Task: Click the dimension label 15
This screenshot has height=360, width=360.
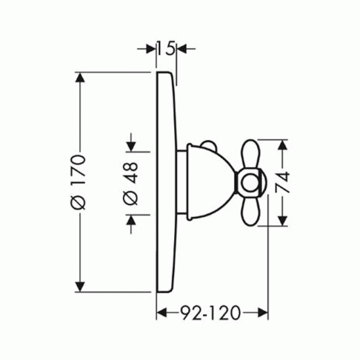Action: point(166,49)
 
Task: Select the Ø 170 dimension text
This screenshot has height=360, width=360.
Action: point(78,182)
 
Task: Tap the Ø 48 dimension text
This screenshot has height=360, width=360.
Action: point(130,184)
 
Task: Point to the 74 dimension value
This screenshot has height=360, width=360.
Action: point(282,182)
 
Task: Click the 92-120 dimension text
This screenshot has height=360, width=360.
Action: point(210,313)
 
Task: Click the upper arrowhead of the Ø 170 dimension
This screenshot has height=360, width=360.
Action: point(80,77)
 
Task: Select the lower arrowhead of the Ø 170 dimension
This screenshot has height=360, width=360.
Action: point(80,287)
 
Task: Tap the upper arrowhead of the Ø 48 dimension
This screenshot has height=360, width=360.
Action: point(131,147)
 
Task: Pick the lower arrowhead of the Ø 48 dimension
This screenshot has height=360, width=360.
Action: point(131,220)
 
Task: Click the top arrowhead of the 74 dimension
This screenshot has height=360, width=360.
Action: point(283,144)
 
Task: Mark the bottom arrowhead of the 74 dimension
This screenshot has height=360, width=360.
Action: point(283,221)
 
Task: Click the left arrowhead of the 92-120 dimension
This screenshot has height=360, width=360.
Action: point(162,313)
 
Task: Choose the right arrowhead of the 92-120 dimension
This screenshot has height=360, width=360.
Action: point(263,313)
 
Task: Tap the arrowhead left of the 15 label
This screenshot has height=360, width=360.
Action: point(151,49)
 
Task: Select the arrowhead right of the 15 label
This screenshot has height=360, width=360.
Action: point(182,49)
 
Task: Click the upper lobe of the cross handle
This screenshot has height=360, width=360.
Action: point(250,153)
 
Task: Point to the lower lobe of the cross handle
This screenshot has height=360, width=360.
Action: point(250,211)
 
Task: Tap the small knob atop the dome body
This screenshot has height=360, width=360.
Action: point(209,145)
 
